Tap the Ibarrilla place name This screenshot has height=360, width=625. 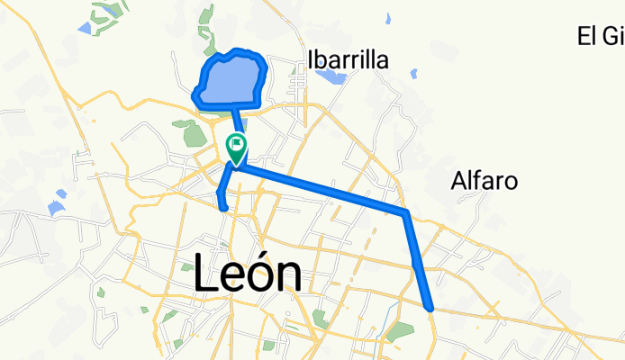pyautogui.click(x=349, y=60)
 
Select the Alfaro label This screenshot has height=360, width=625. pyautogui.click(x=484, y=181)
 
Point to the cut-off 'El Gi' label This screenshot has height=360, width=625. pyautogui.click(x=601, y=36)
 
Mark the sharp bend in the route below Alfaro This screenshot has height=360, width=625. pyautogui.click(x=407, y=212)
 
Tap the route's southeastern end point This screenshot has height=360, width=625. pyautogui.click(x=432, y=308)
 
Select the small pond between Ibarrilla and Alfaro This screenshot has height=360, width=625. pyautogui.click(x=413, y=74)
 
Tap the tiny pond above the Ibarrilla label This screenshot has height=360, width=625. pyautogui.click(x=387, y=18)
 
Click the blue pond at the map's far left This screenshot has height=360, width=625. pyautogui.click(x=56, y=208)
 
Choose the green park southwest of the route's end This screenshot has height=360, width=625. pyautogui.click(x=398, y=330)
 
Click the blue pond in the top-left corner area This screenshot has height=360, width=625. pyautogui.click(x=84, y=28)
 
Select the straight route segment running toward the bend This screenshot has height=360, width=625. pyautogui.click(x=324, y=187)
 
